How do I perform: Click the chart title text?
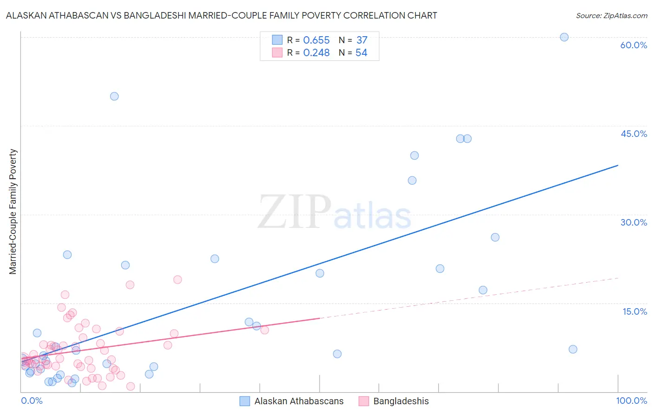(x=222, y=15)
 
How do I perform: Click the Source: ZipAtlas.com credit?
(x=611, y=15)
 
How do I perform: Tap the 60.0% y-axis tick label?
(x=633, y=45)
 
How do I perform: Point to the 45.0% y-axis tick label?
(x=633, y=134)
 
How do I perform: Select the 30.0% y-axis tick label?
(x=633, y=222)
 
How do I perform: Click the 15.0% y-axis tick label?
(x=634, y=311)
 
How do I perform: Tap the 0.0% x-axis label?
(x=32, y=401)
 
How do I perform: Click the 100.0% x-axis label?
(x=631, y=401)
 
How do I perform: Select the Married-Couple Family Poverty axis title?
(x=13, y=211)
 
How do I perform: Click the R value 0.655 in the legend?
(x=316, y=40)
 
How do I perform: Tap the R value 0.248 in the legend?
(x=316, y=53)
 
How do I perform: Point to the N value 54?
(x=361, y=53)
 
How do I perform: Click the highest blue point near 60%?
(x=564, y=37)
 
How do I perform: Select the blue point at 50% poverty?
(x=114, y=97)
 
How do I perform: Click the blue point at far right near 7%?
(x=573, y=349)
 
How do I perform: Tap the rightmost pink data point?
(x=265, y=330)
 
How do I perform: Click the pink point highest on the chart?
(x=177, y=279)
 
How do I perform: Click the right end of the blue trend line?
(x=618, y=165)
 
